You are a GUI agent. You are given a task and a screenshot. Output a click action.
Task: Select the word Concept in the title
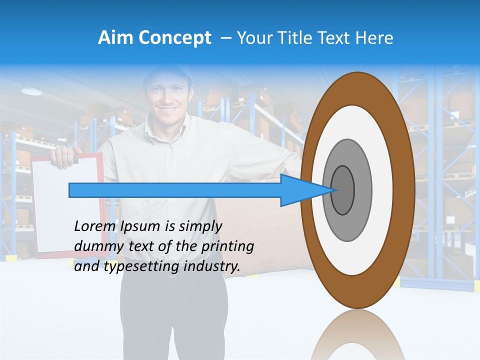pos(175,38)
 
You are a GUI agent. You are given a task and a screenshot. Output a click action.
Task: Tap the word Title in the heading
pos(297,38)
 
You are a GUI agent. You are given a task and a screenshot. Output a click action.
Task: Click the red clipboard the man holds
pos(45,215)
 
